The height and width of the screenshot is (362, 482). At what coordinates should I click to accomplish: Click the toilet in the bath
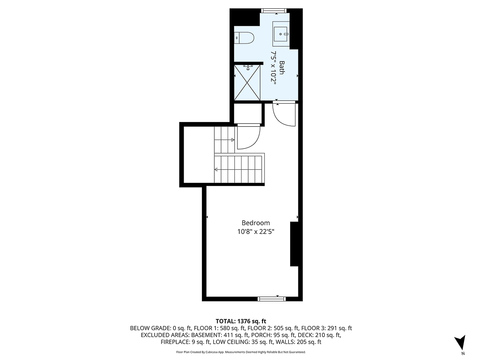pyautogui.click(x=245, y=38)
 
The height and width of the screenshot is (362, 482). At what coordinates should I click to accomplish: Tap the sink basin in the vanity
pyautogui.click(x=281, y=33)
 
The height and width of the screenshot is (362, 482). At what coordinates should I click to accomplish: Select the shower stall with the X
pyautogui.click(x=248, y=82)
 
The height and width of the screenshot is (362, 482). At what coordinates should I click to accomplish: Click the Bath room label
pyautogui.click(x=282, y=68)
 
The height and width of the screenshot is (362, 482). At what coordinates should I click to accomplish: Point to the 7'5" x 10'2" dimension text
pyautogui.click(x=273, y=70)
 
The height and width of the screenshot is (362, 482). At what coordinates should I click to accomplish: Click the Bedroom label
pyautogui.click(x=256, y=223)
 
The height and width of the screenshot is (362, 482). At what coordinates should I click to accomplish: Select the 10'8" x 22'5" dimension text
pyautogui.click(x=256, y=231)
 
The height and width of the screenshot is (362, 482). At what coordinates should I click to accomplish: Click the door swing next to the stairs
pyautogui.click(x=247, y=138)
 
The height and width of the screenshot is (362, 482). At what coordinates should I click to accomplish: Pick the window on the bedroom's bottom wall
pyautogui.click(x=272, y=299)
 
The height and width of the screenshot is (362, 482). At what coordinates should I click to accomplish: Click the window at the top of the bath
pyautogui.click(x=273, y=11)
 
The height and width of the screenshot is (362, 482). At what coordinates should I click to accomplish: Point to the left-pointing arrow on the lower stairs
pyautogui.click(x=216, y=169)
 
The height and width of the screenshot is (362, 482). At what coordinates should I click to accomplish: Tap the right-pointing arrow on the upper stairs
pyautogui.click(x=233, y=140)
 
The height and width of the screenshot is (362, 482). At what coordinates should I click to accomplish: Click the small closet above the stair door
pyautogui.click(x=248, y=114)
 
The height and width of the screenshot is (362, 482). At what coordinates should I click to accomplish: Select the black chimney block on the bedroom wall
pyautogui.click(x=294, y=244)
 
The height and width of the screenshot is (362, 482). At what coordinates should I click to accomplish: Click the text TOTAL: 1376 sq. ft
pyautogui.click(x=241, y=321)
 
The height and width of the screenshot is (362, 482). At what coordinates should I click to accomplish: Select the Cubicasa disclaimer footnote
pyautogui.click(x=241, y=352)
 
